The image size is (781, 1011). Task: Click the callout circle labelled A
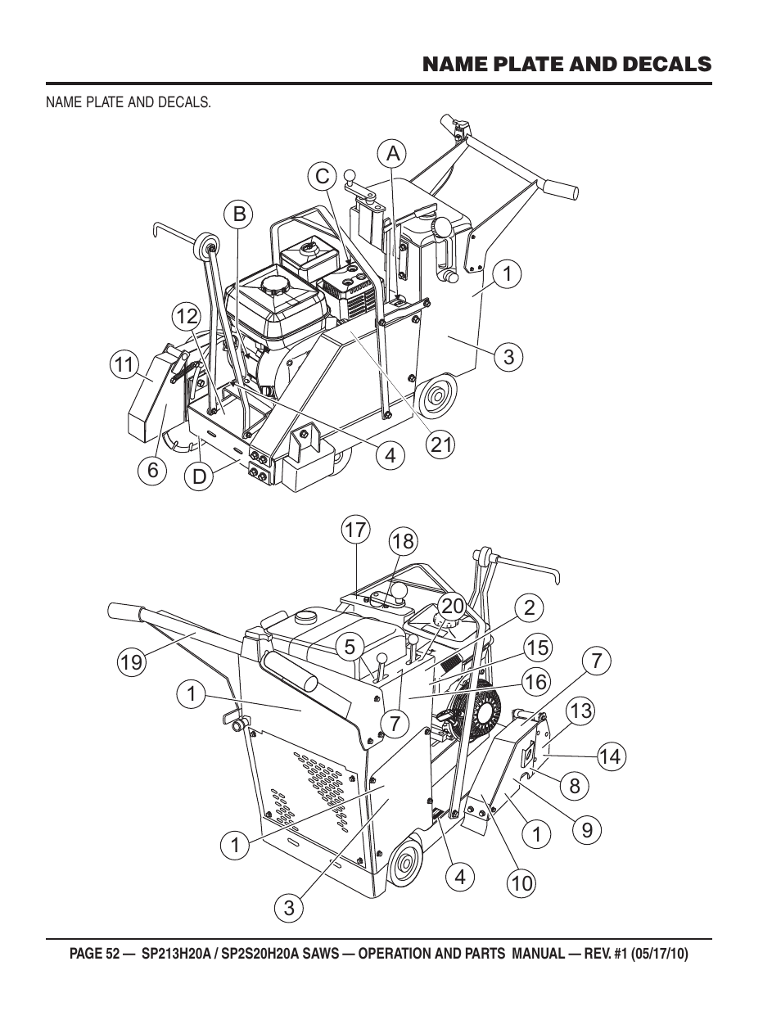click(394, 153)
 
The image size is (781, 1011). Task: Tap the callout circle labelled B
click(238, 214)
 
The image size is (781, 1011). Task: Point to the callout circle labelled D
click(199, 477)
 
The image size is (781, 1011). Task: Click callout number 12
click(186, 318)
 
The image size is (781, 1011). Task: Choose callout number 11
click(124, 364)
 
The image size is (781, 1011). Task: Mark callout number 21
click(440, 445)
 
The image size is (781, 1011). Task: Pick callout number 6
click(153, 470)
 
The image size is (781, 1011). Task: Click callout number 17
click(355, 530)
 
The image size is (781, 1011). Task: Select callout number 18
click(403, 541)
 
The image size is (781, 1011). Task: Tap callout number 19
click(132, 661)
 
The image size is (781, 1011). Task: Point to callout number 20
click(452, 607)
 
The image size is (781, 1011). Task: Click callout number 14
click(611, 756)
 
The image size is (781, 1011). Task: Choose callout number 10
click(521, 883)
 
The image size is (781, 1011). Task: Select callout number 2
click(530, 607)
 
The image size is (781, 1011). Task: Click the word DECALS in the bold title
click(667, 64)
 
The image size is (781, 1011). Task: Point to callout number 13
click(581, 711)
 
